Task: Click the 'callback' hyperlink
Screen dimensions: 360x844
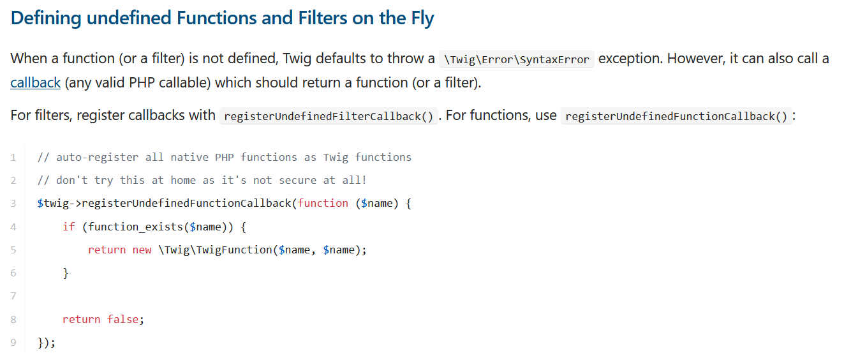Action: point(36,82)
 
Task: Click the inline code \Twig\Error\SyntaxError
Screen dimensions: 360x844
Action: point(517,59)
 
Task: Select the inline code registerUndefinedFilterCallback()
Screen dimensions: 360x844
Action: point(329,116)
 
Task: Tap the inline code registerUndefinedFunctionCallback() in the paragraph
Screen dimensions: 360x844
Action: point(676,116)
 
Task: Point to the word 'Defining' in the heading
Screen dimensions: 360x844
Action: point(45,18)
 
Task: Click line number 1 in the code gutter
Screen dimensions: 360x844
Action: point(13,157)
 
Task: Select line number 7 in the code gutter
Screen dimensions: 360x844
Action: point(13,296)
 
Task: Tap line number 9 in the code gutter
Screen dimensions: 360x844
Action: point(13,342)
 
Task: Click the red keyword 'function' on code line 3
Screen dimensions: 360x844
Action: point(323,203)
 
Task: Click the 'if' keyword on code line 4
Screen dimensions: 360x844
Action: point(68,227)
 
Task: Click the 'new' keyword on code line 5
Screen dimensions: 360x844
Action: point(142,250)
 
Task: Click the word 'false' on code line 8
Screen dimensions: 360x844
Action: point(122,319)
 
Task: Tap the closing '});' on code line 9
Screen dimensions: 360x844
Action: point(47,343)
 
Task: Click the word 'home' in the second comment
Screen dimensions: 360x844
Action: point(182,180)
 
